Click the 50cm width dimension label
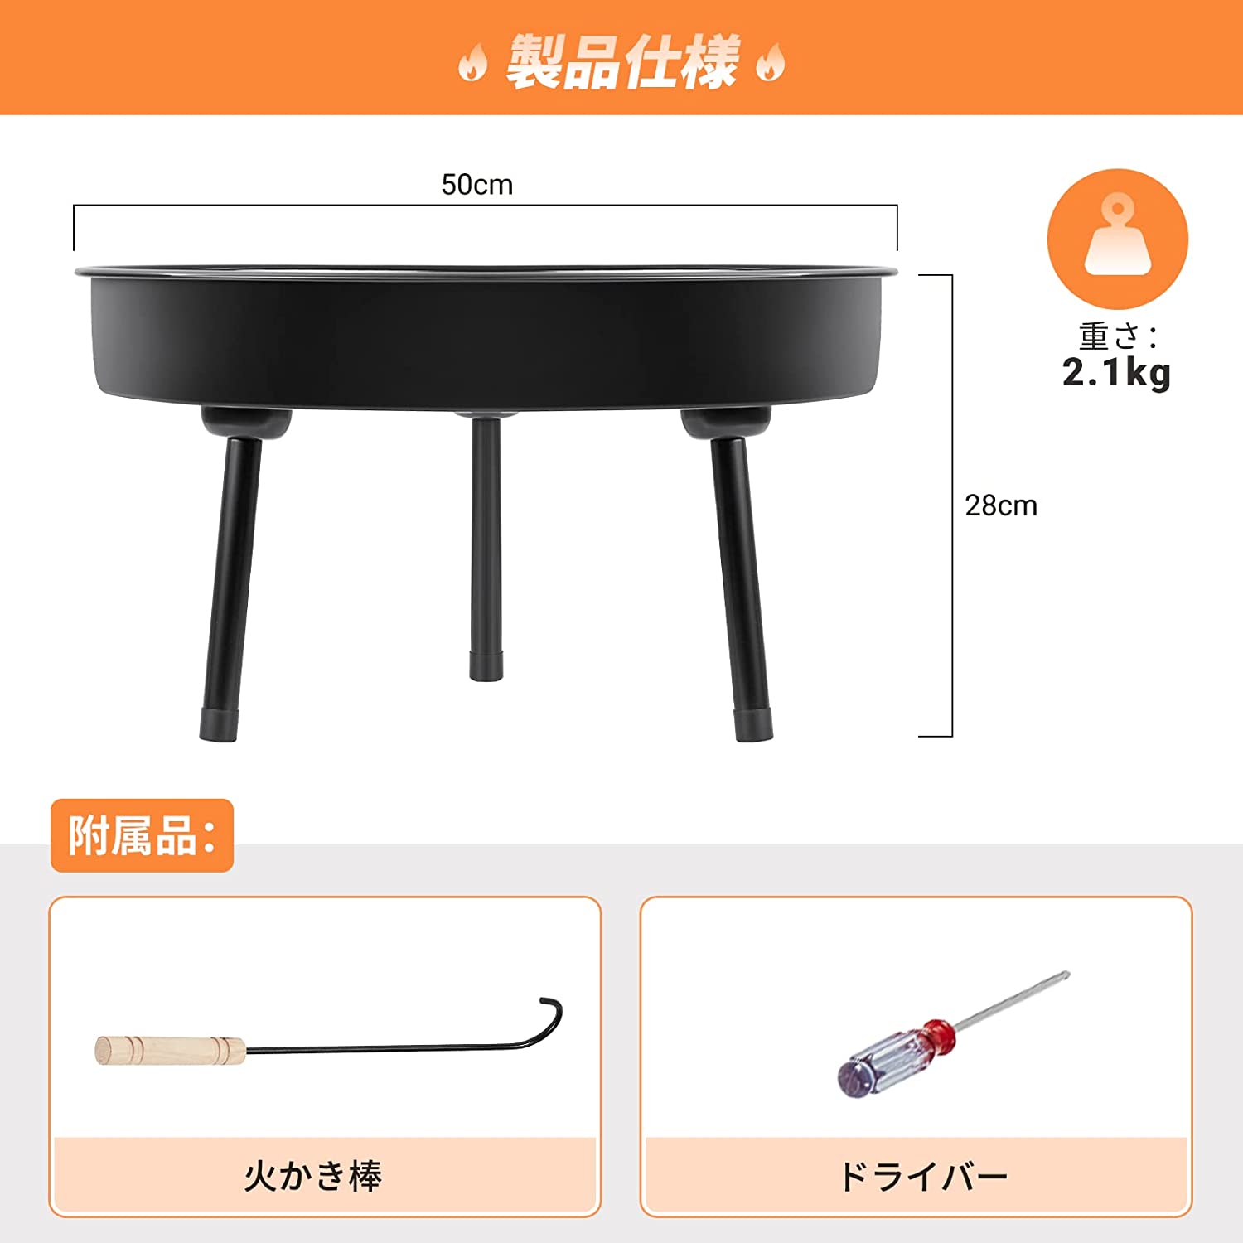476,184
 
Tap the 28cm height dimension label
1000,505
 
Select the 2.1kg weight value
1116,373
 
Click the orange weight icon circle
1117,239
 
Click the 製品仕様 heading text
621,61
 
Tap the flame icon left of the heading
472,63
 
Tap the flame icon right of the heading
771,63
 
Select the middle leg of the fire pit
486,539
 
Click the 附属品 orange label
142,835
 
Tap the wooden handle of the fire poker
170,1050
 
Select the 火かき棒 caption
313,1176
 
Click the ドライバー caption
922,1176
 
